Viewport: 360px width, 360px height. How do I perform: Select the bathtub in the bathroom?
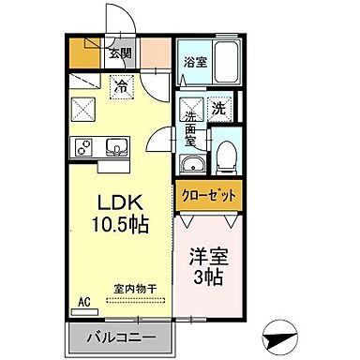(x=225, y=61)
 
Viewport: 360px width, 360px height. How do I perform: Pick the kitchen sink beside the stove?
(x=116, y=146)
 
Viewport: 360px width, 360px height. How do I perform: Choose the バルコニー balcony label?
(x=118, y=337)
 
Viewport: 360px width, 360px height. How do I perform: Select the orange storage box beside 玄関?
(x=82, y=52)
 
